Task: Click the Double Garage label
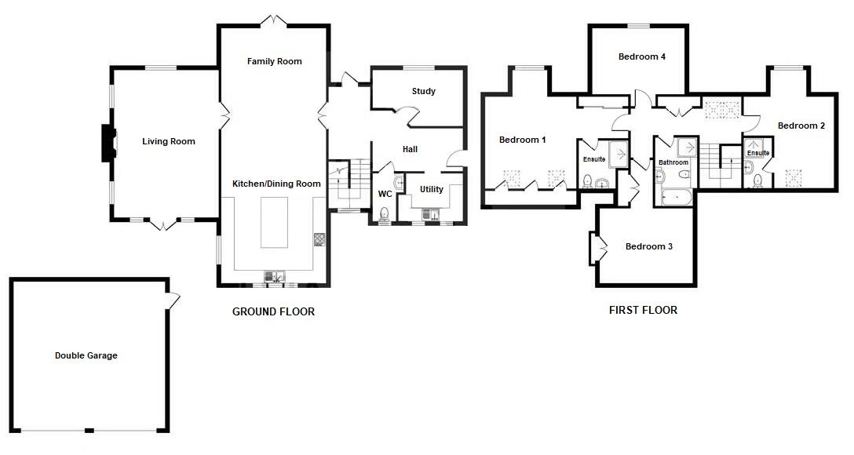pos(86,355)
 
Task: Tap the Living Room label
pos(168,142)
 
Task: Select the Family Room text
pos(274,61)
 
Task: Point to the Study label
pos(423,92)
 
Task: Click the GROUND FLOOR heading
pos(273,312)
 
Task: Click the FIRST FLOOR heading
pos(643,311)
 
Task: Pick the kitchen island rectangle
pos(275,223)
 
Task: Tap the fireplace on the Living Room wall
pos(108,144)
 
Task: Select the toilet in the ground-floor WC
pos(384,213)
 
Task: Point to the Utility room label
pos(431,190)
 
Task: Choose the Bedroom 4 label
pos(641,56)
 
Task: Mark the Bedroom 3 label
pos(648,247)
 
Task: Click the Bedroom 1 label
pos(522,140)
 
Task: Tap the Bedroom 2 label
pos(801,126)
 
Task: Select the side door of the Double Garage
pos(173,300)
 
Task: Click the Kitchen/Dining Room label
pos(276,184)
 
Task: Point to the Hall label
pos(410,149)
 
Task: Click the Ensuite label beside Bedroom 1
pos(593,159)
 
